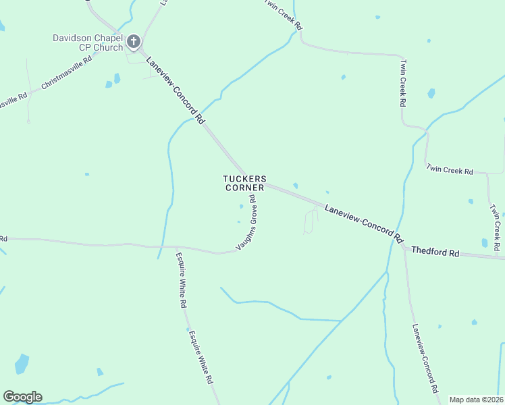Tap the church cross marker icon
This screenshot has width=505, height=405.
134,43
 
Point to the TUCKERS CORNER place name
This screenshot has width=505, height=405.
244,183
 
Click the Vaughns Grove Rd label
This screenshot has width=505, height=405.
247,223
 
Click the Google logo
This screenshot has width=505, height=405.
22,397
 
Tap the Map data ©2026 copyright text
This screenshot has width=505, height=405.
476,400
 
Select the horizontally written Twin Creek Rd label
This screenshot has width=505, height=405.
450,171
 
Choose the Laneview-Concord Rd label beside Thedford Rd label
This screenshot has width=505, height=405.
363,224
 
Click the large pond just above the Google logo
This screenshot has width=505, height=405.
22,364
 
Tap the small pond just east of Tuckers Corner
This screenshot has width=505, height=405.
295,186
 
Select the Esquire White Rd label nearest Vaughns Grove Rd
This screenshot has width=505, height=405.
181,280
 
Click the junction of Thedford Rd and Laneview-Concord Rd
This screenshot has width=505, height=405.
403,247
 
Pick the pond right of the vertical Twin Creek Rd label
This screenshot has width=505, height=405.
431,93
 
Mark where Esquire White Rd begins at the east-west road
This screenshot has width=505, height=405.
177,247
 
